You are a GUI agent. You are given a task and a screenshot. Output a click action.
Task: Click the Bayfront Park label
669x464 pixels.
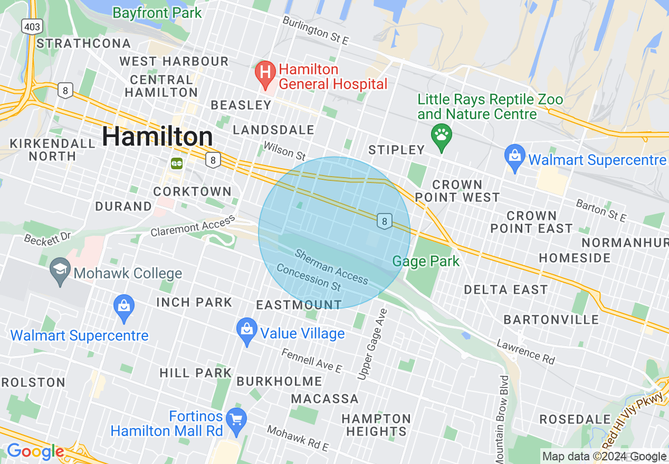click(157, 13)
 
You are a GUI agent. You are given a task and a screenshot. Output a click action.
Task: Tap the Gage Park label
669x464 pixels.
click(426, 261)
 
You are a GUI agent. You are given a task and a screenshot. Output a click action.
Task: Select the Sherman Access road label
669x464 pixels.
click(331, 267)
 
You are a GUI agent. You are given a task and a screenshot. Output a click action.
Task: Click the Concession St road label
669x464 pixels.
click(309, 278)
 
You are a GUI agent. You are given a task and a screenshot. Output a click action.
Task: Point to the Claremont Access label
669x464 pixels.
click(193, 226)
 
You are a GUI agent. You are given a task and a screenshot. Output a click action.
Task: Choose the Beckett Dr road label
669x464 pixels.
click(47, 237)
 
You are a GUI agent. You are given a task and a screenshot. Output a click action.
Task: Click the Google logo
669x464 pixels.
click(35, 452)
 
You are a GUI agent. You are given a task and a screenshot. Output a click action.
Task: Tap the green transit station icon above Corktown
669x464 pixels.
click(177, 163)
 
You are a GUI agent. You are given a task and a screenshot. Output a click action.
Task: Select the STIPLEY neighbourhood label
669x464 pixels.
click(396, 150)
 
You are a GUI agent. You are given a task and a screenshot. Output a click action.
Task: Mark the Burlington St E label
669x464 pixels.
click(316, 31)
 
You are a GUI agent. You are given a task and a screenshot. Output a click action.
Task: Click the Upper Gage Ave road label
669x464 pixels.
click(372, 344)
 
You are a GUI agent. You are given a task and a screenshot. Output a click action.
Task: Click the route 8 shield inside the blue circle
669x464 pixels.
click(385, 221)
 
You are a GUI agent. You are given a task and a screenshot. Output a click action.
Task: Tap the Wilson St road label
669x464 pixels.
click(284, 151)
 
